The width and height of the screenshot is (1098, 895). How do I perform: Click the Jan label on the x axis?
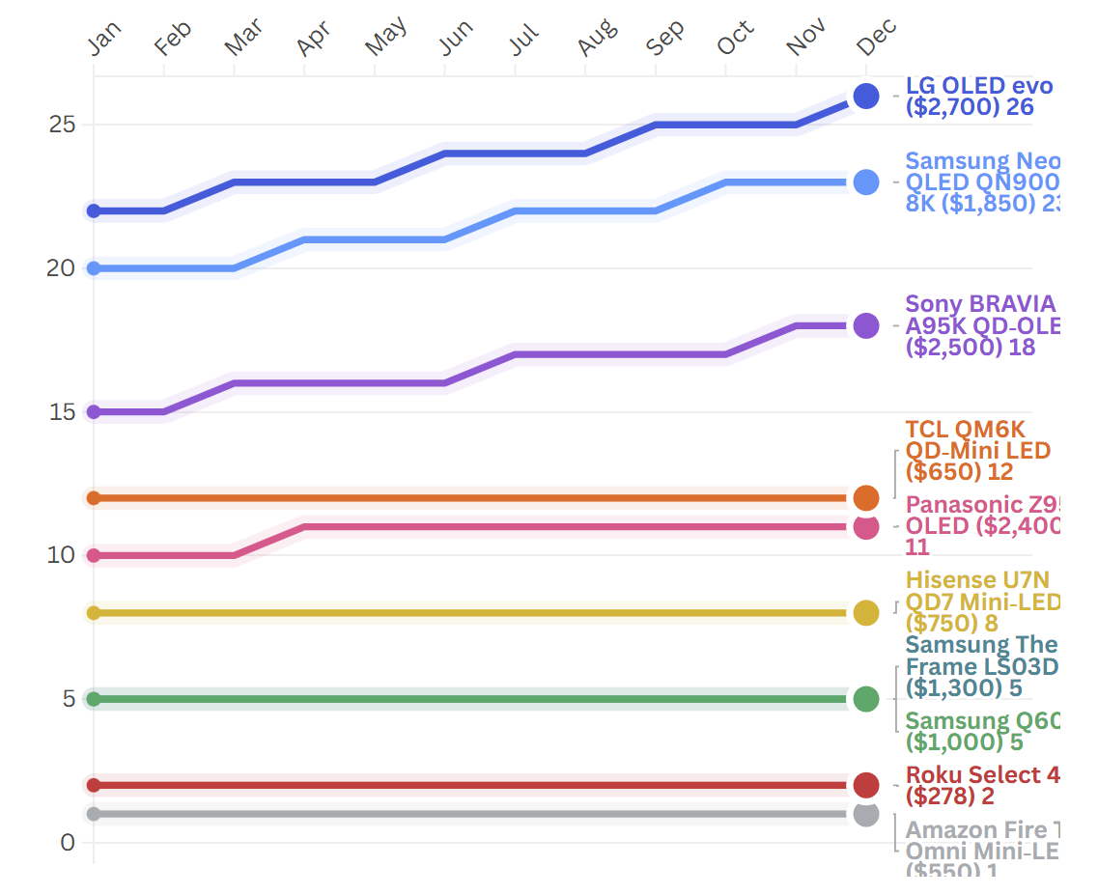point(104,39)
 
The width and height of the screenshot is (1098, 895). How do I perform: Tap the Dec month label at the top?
point(876,39)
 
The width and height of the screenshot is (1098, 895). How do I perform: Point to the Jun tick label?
point(456,39)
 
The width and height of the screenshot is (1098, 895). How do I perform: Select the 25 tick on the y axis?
point(62,125)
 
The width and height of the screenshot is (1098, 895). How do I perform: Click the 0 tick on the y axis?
point(67,843)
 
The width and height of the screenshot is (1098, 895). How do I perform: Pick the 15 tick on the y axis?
point(62,412)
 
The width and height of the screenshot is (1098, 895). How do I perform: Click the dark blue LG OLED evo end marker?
point(866,97)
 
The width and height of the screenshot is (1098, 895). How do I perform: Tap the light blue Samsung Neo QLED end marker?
point(866,182)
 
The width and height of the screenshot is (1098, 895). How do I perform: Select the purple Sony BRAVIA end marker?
point(866,325)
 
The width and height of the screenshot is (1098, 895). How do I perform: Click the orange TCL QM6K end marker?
point(866,498)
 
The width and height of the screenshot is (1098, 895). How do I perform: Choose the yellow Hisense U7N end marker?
point(866,613)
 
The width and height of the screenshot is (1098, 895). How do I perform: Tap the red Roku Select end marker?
point(866,785)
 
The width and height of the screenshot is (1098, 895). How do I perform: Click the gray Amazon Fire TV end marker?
point(866,815)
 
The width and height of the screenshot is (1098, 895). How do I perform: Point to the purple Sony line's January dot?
point(94,412)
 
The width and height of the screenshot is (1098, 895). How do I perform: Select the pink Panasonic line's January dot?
point(94,556)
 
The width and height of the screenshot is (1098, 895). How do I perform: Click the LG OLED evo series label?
point(978,97)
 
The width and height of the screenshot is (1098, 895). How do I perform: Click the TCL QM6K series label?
point(976,450)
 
